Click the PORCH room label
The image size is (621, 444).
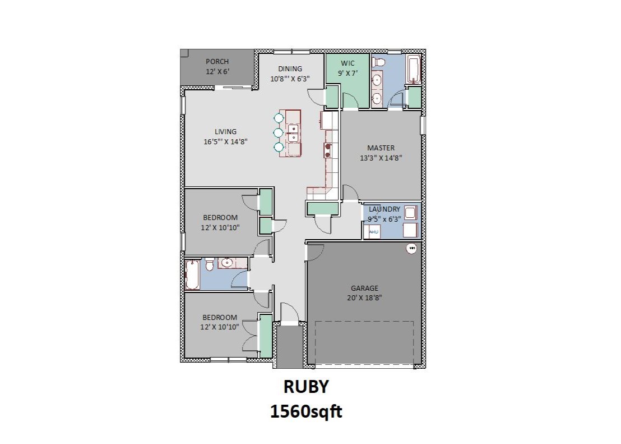tap(217, 62)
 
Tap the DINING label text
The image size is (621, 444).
tap(290, 69)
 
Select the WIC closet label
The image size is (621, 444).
tap(348, 63)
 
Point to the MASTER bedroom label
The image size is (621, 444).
tap(381, 148)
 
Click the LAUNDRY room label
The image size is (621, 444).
tap(384, 209)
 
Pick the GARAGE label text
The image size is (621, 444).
tap(364, 289)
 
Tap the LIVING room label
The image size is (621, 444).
tap(225, 132)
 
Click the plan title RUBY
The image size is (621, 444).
tap(305, 387)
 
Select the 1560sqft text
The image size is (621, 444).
tap(306, 412)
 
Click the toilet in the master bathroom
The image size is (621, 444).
tap(379, 61)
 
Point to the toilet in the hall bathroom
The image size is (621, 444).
tap(208, 263)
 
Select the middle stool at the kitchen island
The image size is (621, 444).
tap(279, 132)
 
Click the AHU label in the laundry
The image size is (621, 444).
tap(374, 231)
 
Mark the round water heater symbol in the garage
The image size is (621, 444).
tap(412, 248)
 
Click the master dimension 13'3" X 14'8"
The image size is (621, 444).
tap(381, 158)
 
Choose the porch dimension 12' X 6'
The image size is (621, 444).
tap(217, 72)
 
